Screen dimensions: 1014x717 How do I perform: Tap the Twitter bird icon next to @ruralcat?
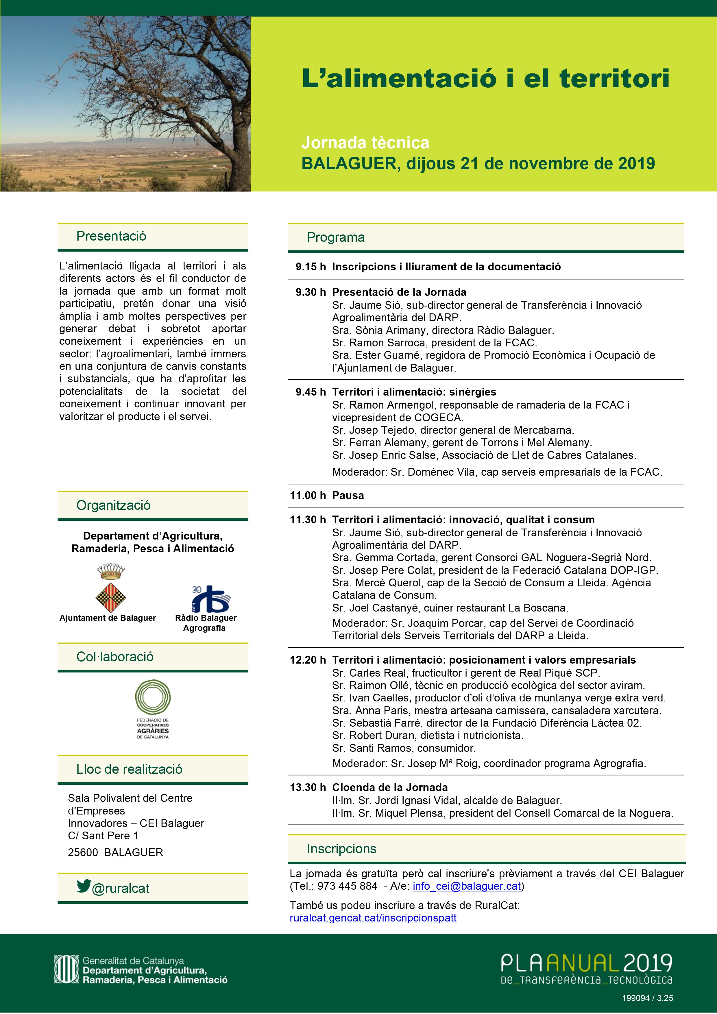tap(84, 886)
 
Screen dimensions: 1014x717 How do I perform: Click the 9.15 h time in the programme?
tap(311, 267)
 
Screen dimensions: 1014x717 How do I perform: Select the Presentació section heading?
tap(111, 236)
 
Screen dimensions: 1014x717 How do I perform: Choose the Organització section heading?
tap(113, 505)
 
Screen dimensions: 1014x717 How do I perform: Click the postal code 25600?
tap(83, 852)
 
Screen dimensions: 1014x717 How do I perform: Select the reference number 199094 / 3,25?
tap(647, 998)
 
